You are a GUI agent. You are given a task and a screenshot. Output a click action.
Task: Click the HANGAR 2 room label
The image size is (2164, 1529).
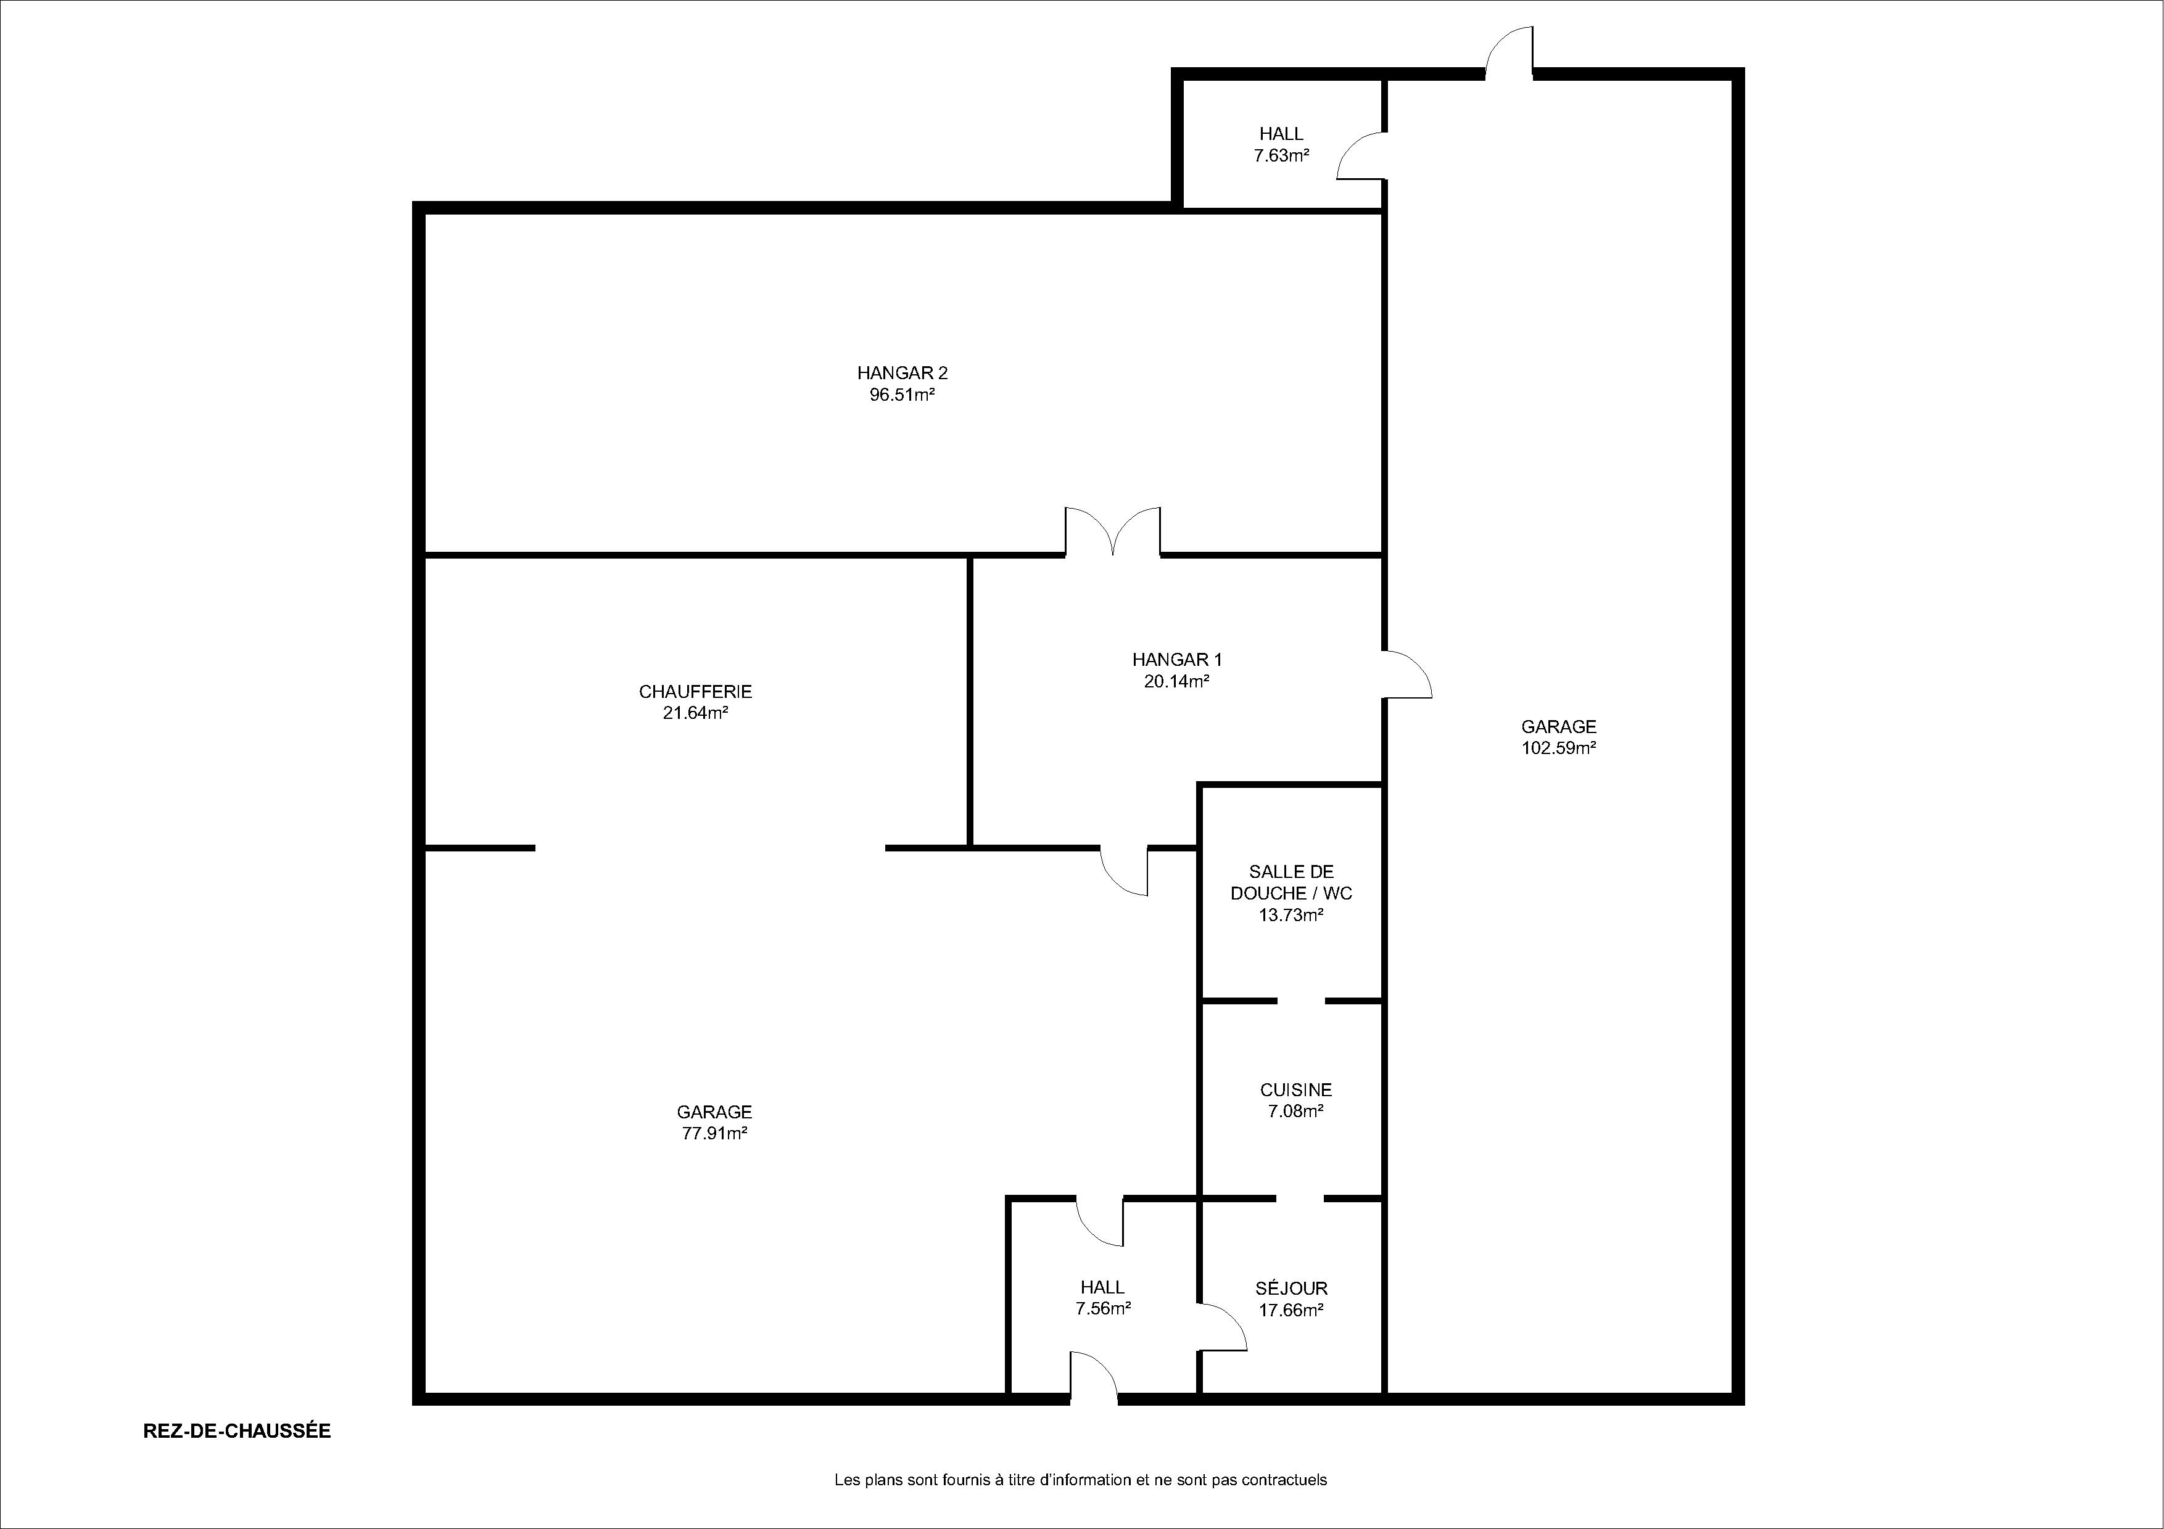[x=902, y=373]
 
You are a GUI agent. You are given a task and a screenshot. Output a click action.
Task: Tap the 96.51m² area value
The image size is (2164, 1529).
[x=902, y=395]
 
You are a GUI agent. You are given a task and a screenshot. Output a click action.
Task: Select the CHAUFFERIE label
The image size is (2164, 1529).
[x=696, y=692]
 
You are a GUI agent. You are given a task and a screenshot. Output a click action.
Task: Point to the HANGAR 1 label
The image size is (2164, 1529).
[x=1177, y=660]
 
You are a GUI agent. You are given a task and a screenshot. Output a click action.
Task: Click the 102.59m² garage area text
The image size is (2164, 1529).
[x=1559, y=748]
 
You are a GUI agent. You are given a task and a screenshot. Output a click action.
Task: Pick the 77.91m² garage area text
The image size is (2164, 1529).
[x=714, y=1133]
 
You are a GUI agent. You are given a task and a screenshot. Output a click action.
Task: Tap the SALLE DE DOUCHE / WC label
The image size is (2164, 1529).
[x=1291, y=883]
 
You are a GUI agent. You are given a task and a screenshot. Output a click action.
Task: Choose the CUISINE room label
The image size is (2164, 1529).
[x=1296, y=1090]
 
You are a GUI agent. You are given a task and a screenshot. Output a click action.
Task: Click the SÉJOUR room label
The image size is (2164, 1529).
[x=1291, y=1288]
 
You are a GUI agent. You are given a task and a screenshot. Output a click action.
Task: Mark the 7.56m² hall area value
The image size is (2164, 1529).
[x=1103, y=1308]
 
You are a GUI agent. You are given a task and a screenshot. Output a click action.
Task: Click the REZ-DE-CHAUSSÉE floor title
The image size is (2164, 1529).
[x=236, y=1430]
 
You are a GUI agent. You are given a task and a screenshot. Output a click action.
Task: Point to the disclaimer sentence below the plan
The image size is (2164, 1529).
[x=1081, y=1480]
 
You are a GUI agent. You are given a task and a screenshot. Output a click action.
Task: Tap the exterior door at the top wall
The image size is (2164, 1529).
[x=1509, y=50]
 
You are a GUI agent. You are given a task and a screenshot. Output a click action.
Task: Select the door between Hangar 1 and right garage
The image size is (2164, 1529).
[x=1407, y=674]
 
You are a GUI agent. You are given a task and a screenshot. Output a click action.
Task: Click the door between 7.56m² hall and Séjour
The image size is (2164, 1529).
[x=1223, y=1329]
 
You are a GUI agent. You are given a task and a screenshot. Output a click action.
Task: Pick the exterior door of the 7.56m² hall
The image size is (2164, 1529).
[x=1093, y=1375]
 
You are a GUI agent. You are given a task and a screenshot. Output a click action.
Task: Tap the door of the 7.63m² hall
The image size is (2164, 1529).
[x=1361, y=155]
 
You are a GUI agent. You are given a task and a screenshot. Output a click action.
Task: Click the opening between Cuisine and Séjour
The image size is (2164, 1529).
[x=1300, y=1199]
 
